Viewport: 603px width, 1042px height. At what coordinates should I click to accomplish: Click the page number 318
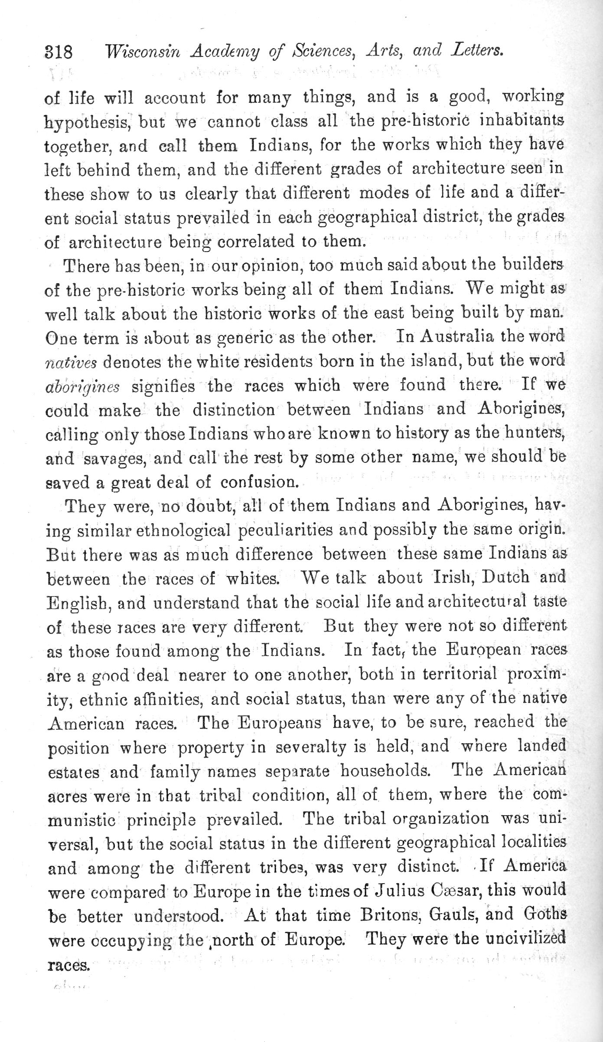58,52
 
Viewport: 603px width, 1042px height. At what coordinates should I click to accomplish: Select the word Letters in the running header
477,51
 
